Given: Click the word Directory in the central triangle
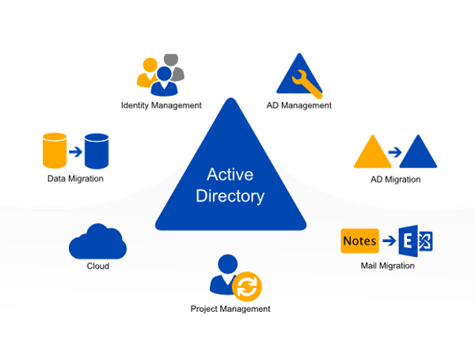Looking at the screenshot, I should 230,195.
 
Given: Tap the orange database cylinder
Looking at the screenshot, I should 53,150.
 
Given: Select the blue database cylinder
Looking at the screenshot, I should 97,150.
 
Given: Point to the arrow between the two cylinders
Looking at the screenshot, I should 75,151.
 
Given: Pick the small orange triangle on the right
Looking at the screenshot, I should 372,153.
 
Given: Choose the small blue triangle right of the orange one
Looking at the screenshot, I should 419,153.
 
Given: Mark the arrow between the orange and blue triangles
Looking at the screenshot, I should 395,152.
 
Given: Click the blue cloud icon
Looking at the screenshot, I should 97,242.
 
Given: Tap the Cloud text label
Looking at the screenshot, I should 97,267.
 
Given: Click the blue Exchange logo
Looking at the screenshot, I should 416,241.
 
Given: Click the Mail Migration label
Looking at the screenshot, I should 387,266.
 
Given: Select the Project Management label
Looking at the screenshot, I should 230,309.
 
